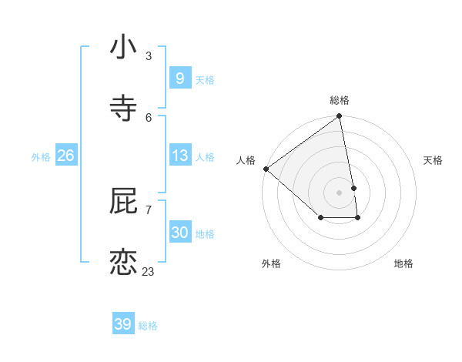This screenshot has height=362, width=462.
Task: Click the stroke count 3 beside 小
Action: pyautogui.click(x=149, y=56)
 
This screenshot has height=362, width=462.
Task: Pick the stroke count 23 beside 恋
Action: pyautogui.click(x=148, y=271)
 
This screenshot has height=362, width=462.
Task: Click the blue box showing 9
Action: pyautogui.click(x=179, y=79)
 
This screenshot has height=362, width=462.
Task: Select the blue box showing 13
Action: pyautogui.click(x=179, y=156)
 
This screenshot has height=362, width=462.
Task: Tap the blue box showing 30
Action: pyautogui.click(x=179, y=232)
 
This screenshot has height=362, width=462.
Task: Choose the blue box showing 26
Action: pyautogui.click(x=66, y=156)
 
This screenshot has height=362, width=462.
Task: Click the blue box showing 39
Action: pyautogui.click(x=123, y=324)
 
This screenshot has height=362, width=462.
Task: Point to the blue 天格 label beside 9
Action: pyautogui.click(x=205, y=80)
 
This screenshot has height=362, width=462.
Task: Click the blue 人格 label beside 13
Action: pyautogui.click(x=205, y=157)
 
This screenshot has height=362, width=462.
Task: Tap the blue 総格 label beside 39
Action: pyautogui.click(x=148, y=326)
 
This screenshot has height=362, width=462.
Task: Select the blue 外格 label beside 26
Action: pyautogui.click(x=41, y=157)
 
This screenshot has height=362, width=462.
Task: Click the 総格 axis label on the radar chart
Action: pyautogui.click(x=339, y=100)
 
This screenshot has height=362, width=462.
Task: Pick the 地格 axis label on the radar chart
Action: pyautogui.click(x=403, y=263)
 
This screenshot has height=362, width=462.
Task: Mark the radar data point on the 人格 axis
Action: pyautogui.click(x=266, y=169)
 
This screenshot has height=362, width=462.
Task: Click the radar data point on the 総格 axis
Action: pyautogui.click(x=339, y=117)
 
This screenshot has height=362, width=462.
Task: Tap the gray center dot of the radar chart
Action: pyautogui.click(x=339, y=192)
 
